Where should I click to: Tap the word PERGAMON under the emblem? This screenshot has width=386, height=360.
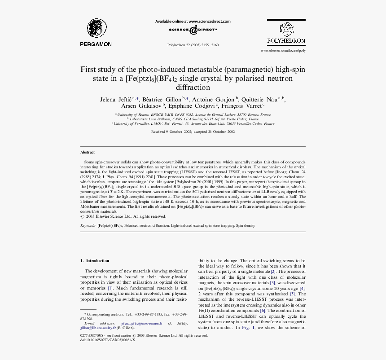(96, 44)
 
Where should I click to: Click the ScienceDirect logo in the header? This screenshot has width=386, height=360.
(193, 30)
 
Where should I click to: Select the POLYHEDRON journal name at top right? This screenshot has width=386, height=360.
(286, 41)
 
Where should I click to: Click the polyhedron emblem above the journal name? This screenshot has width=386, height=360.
(286, 30)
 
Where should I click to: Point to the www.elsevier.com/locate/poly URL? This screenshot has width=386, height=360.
(283, 51)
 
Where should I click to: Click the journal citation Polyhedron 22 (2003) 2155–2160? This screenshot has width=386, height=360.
(193, 45)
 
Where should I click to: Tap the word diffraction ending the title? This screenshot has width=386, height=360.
(193, 87)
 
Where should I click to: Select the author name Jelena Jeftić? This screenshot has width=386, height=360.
(116, 99)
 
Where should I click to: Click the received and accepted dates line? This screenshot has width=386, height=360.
(193, 132)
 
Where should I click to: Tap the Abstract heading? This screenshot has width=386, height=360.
(88, 153)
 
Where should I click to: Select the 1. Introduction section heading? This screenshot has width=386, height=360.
(95, 261)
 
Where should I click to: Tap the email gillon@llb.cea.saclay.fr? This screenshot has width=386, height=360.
(98, 328)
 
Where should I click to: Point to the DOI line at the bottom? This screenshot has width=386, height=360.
(108, 340)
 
